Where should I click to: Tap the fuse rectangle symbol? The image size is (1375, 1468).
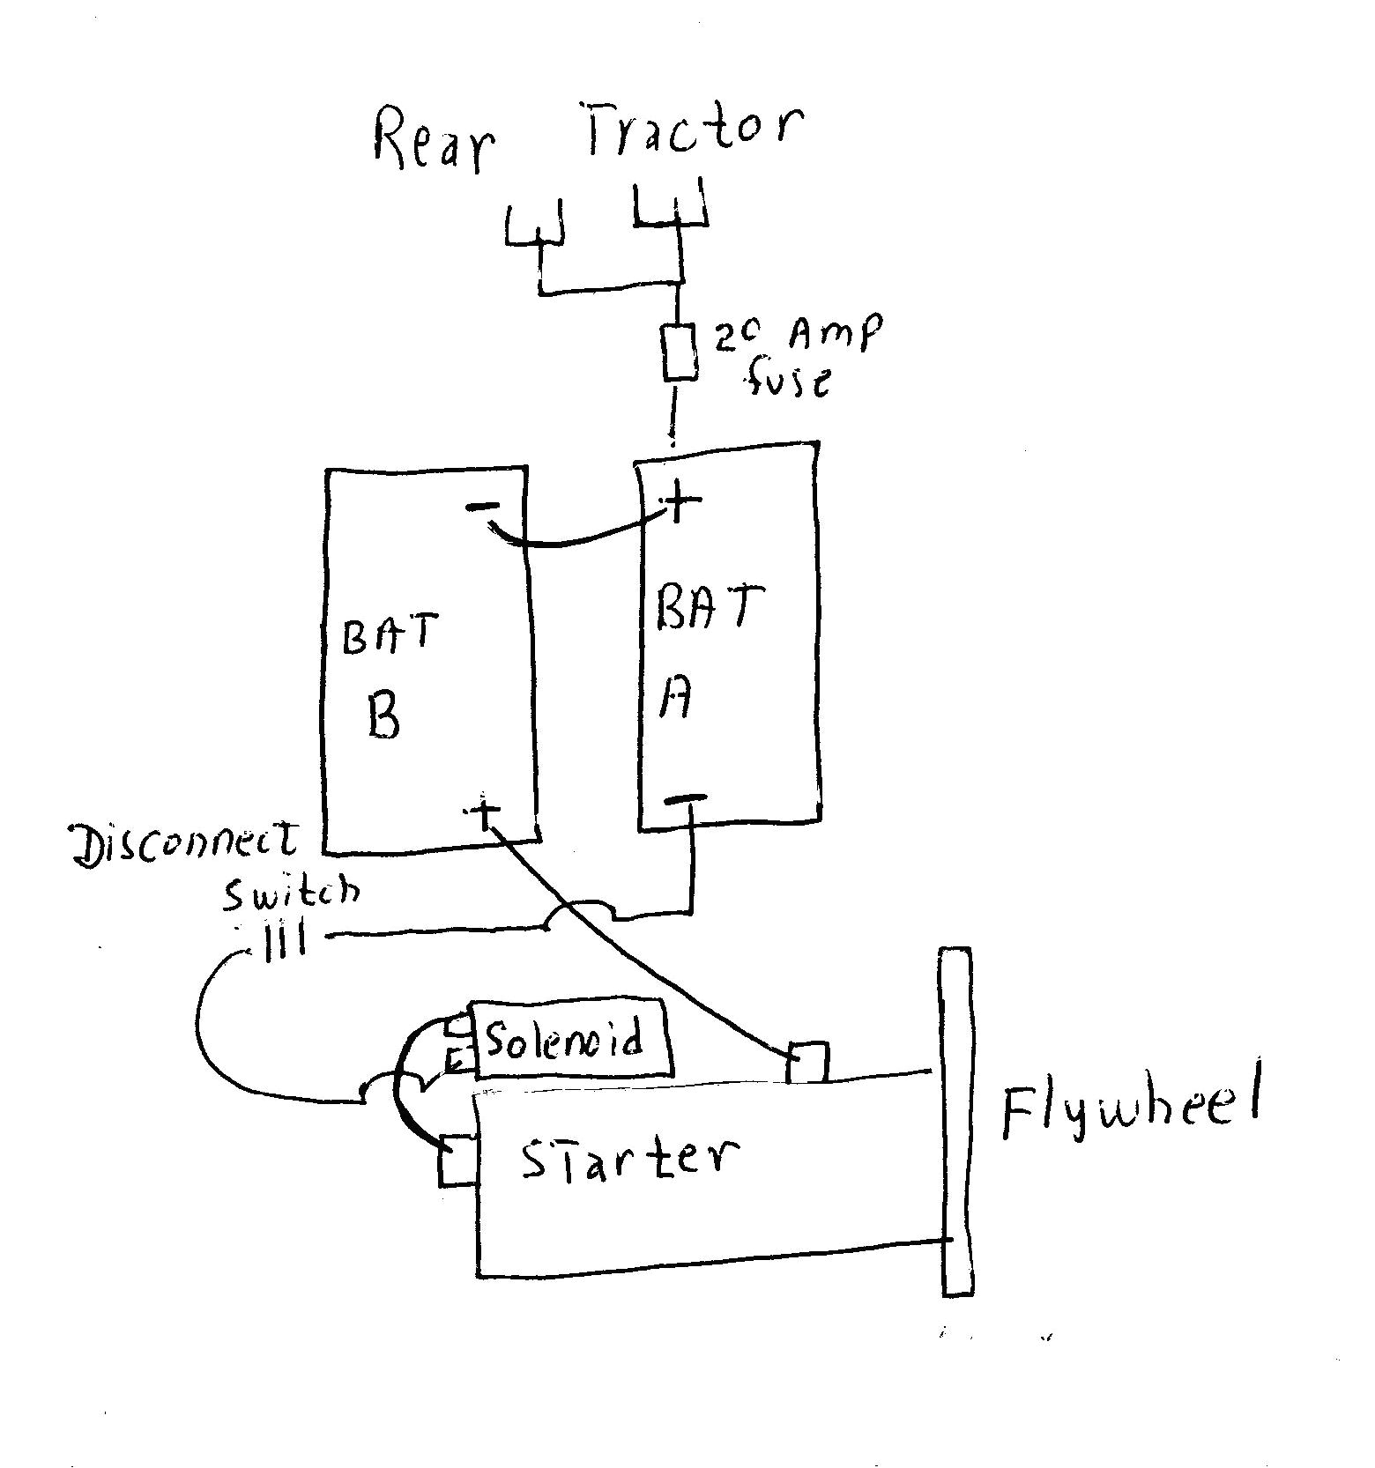coord(680,352)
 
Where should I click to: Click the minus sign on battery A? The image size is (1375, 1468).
coord(684,798)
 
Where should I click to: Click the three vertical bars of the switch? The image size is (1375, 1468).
coord(285,943)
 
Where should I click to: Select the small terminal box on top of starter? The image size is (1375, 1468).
coord(807,1062)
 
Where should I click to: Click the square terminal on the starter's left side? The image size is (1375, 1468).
coord(458,1160)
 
